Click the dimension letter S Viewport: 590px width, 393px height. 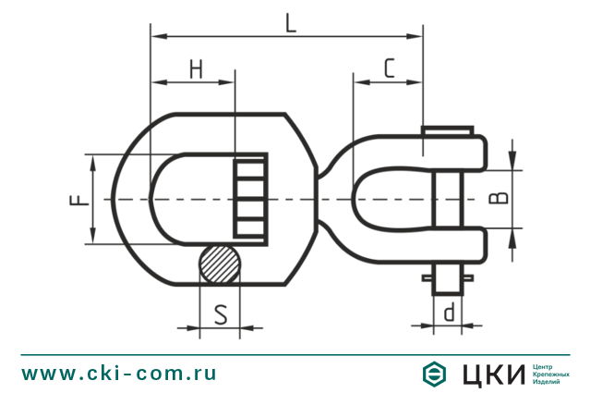click(x=222, y=314)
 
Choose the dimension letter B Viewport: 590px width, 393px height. click(x=496, y=198)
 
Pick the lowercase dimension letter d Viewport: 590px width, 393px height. click(x=449, y=313)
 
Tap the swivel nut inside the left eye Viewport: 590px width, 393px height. click(x=251, y=198)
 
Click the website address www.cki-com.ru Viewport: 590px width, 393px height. click(x=119, y=374)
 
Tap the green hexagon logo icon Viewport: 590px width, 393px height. click(x=434, y=374)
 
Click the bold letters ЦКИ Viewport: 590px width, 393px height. click(x=488, y=374)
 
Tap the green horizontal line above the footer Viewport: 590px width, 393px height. click(x=295, y=352)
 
